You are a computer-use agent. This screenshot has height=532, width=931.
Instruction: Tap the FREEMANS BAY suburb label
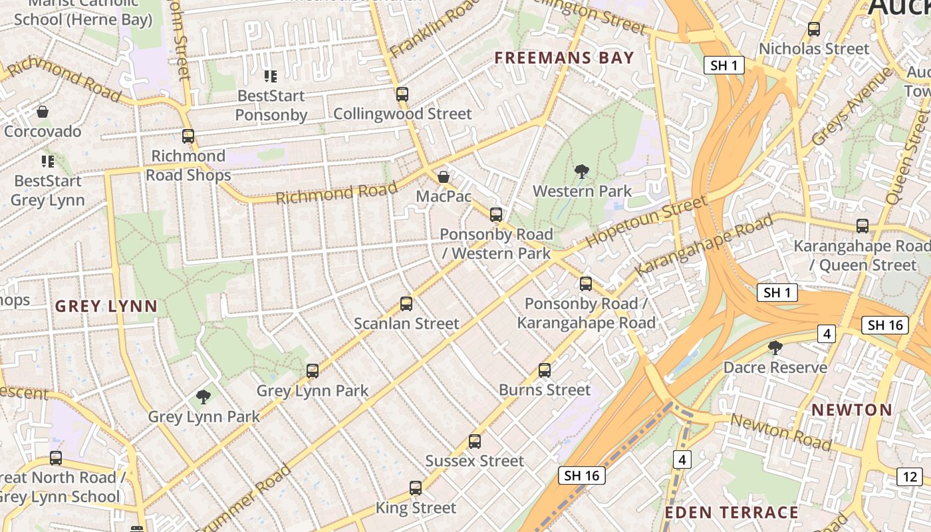pos(564,58)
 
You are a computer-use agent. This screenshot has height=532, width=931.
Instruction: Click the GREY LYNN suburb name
pos(106,307)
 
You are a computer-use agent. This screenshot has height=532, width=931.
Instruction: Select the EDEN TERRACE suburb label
pos(731,512)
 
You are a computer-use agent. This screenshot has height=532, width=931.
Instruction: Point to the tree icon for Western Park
pos(582,172)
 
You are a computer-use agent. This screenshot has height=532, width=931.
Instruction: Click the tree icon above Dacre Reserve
pos(775,347)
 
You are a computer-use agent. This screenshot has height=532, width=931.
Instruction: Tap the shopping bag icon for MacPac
pos(444,177)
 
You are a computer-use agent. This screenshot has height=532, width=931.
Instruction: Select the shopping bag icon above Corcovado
pos(43,111)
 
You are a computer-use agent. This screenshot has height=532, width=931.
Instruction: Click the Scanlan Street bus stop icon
pos(406,304)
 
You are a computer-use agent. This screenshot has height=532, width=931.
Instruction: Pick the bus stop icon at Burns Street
pos(545,370)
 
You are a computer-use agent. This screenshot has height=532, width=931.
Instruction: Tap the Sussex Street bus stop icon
pos(474,441)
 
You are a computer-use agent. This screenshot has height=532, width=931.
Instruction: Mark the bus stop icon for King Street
pos(416,488)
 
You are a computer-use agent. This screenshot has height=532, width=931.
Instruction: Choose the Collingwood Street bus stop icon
pos(402,94)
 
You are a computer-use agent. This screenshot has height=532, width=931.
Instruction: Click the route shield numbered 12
pos(910,476)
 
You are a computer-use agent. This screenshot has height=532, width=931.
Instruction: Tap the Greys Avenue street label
pos(851,106)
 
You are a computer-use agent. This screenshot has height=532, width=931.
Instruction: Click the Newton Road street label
pos(781,432)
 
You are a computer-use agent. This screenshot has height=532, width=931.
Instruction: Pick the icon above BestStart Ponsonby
pos(270,76)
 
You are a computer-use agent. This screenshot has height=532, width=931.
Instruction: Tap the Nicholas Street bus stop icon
pos(814,29)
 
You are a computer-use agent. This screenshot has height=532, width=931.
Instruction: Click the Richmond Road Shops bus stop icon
pos(188,136)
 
